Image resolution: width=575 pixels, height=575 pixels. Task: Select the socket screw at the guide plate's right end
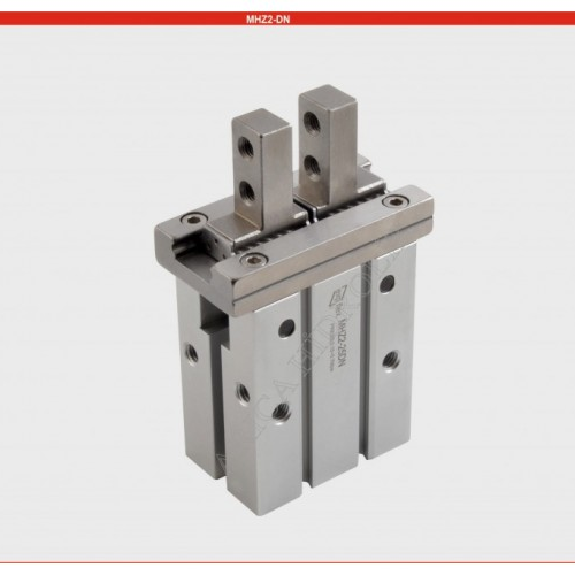tap(394, 201)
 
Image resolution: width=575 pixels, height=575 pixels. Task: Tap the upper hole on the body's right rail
tap(388, 283)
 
